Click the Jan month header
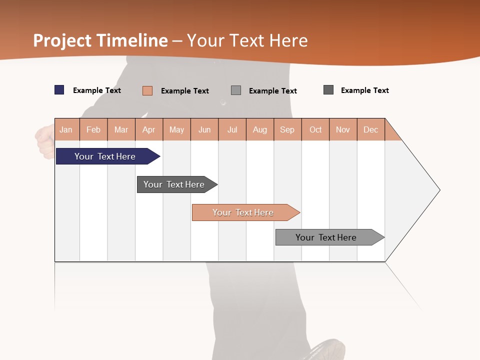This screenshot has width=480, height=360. click(66, 129)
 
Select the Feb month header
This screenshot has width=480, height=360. click(93, 129)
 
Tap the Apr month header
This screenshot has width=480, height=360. click(149, 129)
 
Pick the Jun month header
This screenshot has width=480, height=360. click(204, 129)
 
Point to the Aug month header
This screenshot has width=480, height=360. click(259, 129)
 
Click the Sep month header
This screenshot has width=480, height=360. click(287, 129)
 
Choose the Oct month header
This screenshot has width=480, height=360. click(315, 129)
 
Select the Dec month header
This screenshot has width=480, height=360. click(370, 129)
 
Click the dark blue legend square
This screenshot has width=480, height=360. click(59, 90)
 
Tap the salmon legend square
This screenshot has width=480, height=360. click(147, 90)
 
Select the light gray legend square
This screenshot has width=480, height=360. click(236, 90)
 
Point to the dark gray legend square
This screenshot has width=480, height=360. click(328, 90)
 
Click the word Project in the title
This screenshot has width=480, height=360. click(62, 40)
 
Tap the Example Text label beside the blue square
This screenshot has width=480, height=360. click(97, 90)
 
